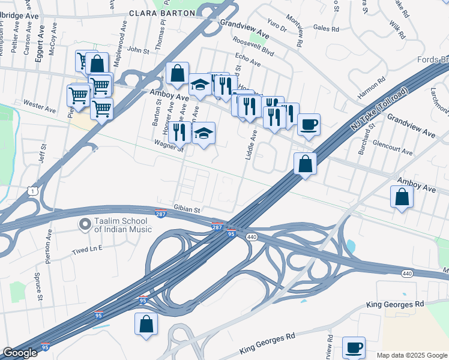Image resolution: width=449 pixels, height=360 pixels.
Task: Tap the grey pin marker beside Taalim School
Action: (x=85, y=225)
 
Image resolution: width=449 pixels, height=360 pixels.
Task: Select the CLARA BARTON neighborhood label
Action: (x=161, y=13)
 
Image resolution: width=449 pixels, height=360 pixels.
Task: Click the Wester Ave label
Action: (x=40, y=106)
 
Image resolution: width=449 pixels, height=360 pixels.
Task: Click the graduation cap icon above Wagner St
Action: (x=203, y=133)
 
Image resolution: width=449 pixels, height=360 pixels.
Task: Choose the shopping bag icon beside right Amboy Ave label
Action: (x=402, y=196)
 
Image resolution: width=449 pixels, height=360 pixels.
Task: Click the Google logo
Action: (x=20, y=353)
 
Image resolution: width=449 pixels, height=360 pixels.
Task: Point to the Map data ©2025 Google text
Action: (x=412, y=355)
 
